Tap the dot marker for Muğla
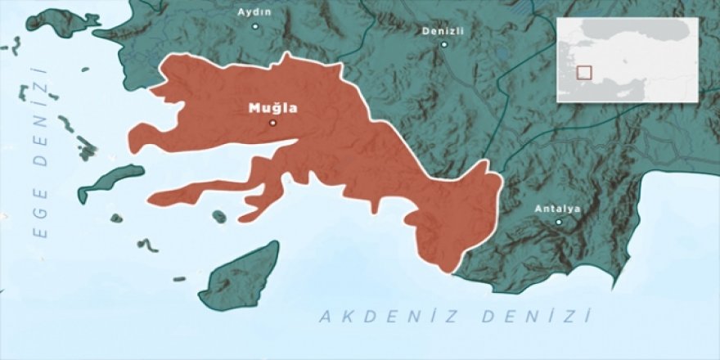(272, 124)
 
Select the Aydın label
(254, 11)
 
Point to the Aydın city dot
(254, 26)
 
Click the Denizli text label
(443, 30)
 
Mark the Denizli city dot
(444, 44)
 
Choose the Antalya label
(557, 209)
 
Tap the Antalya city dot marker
(559, 222)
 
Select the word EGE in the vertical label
(38, 210)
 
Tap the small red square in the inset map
(583, 72)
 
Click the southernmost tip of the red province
(447, 271)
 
